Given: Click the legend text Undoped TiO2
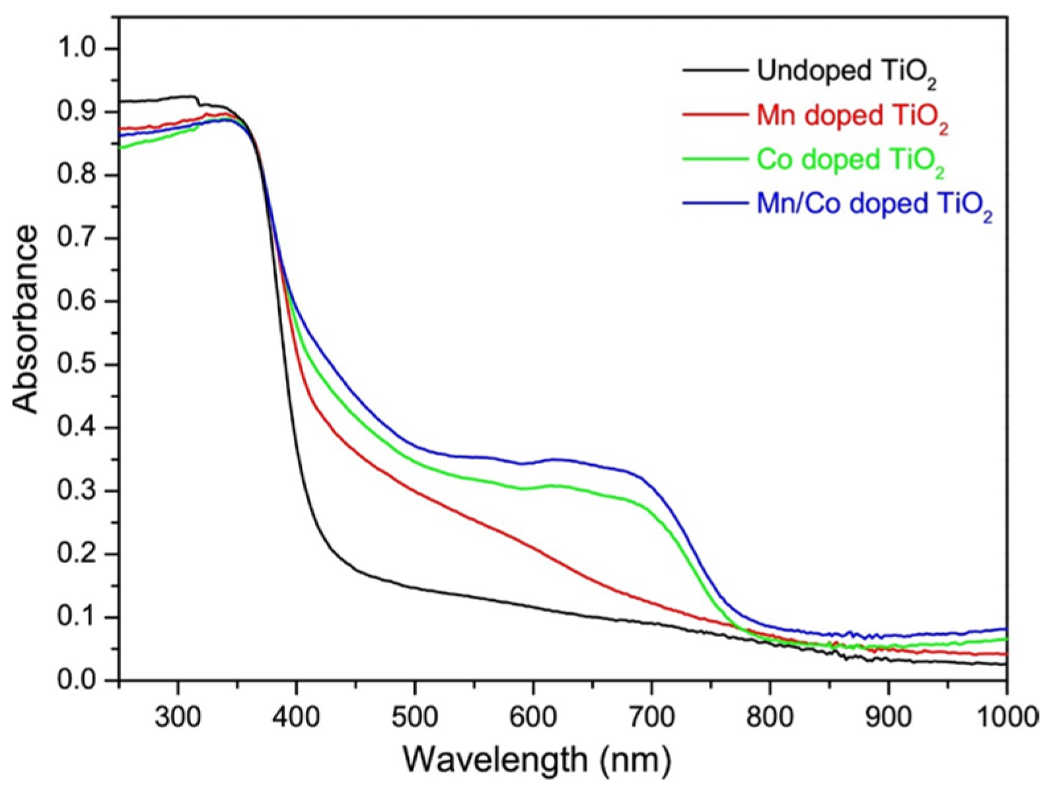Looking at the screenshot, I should pos(846,71).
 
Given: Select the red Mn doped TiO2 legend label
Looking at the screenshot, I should pos(852,116).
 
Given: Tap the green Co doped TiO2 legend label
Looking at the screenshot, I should pos(850,160).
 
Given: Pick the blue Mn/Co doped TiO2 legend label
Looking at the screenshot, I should pos(874,205).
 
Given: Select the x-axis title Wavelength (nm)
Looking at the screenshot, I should pos(537,759).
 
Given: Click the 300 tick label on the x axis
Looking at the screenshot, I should pos(178,716).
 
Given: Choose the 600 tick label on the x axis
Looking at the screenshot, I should pos(533,716).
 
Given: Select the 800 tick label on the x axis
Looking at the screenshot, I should pos(770,716).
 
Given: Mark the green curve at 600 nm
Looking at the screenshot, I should pos(533,487).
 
